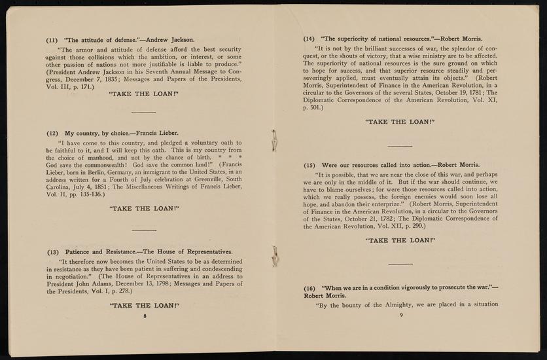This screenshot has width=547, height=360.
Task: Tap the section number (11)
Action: (x=52, y=39)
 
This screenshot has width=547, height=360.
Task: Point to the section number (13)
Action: (x=53, y=251)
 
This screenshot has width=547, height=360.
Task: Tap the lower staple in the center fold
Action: (x=275, y=257)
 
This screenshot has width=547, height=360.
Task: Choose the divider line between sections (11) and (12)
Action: (x=143, y=113)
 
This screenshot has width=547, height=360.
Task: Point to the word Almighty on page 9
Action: (x=398, y=304)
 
